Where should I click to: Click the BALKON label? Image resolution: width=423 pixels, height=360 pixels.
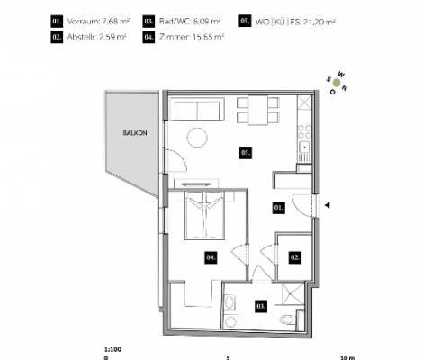(x=135, y=133)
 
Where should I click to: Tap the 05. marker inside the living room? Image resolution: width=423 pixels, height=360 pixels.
(x=246, y=153)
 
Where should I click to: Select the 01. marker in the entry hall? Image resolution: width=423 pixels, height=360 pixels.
(x=279, y=208)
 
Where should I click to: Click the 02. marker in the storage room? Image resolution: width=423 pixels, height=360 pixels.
(x=295, y=257)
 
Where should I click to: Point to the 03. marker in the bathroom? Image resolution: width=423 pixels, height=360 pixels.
(x=261, y=306)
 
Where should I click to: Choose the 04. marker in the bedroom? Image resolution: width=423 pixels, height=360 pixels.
(x=211, y=257)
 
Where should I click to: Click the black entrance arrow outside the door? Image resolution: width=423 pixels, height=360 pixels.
(x=328, y=205)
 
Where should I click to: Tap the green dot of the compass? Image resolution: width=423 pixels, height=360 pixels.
(x=337, y=83)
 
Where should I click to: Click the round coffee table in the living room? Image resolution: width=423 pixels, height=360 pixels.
(x=197, y=138)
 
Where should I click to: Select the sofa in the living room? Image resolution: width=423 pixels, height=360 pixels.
(x=197, y=109)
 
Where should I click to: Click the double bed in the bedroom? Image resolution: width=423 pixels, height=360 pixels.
(x=205, y=215)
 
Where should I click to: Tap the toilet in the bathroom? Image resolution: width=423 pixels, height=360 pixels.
(x=287, y=319)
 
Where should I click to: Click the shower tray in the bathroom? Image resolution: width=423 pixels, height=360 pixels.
(x=292, y=292)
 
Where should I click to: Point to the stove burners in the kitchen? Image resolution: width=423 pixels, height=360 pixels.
(x=304, y=131)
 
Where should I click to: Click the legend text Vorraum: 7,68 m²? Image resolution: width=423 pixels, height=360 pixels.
(x=98, y=22)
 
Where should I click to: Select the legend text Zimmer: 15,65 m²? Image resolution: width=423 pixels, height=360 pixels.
(x=192, y=37)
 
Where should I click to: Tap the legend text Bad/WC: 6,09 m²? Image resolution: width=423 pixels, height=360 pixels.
(x=190, y=22)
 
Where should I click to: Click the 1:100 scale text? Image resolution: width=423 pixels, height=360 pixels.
(x=112, y=349)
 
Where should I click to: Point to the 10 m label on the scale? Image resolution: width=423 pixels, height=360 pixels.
(x=347, y=357)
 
